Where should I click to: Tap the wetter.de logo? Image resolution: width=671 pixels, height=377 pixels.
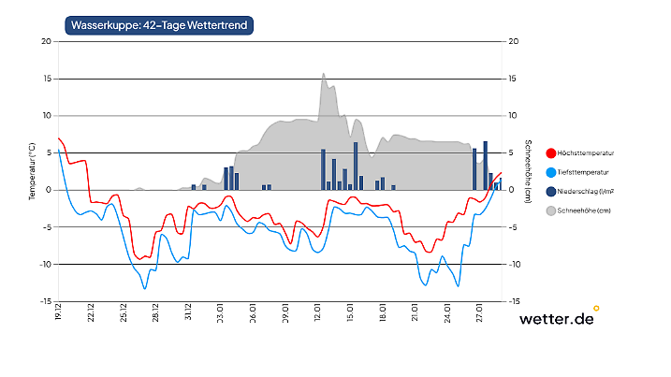pos(556,319)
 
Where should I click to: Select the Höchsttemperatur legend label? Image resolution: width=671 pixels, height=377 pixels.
pos(585,152)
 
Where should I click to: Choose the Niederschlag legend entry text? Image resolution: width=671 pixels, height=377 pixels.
pos(586,192)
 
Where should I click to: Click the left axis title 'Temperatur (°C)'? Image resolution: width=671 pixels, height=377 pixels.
pos(31,171)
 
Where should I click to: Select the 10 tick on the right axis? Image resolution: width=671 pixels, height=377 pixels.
pos(513,116)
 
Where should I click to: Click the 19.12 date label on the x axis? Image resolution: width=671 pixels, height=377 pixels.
pos(59,312)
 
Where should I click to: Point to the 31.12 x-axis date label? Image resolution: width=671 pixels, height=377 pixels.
pos(188,312)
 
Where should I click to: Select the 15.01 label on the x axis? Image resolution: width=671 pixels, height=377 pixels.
pos(350,312)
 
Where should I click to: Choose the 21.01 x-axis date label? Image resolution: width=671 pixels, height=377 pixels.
pos(415,312)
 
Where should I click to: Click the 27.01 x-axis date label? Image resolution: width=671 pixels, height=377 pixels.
pos(479,312)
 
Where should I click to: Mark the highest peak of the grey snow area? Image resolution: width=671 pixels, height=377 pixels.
pos(324,75)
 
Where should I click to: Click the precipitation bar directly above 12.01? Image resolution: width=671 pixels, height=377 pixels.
pos(323,170)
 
